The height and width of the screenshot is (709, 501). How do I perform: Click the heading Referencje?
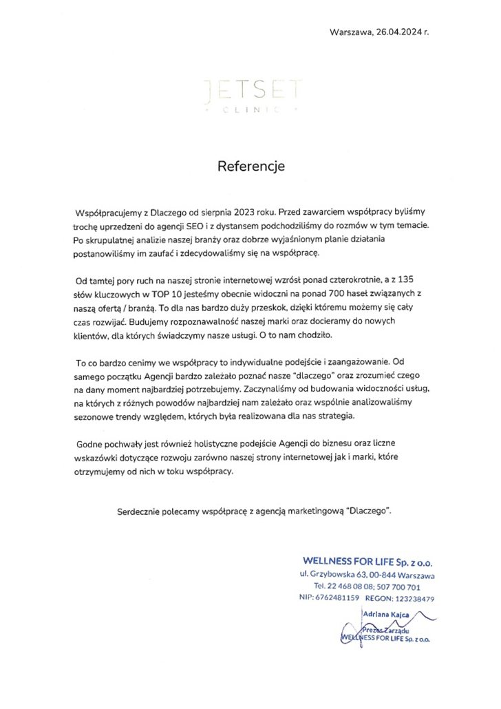pos(250,166)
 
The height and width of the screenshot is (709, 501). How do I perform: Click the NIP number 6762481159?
pos(337,599)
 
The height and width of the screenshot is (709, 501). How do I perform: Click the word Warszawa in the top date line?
pos(352,32)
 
